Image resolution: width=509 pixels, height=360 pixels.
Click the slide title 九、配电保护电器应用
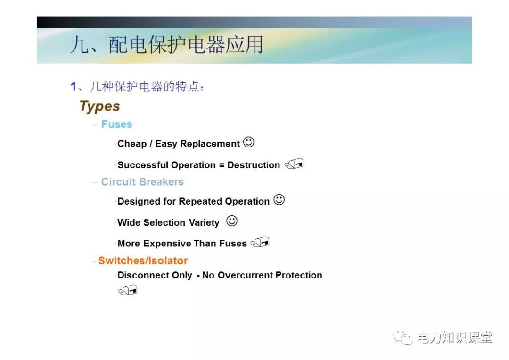coord(166,45)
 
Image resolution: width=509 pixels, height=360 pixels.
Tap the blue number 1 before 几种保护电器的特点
coord(74,86)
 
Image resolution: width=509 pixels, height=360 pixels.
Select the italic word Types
coord(99,106)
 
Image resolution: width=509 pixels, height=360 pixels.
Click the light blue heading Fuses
coord(116,124)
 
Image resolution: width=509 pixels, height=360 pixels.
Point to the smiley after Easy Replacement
coord(248,142)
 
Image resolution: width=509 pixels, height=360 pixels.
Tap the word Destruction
coord(254,165)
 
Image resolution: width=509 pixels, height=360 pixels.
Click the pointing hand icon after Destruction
coord(294,164)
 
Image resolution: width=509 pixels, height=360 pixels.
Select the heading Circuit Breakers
coord(142,182)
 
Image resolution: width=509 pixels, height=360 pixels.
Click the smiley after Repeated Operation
coord(279,200)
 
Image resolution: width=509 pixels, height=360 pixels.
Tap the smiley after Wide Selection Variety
coord(231,221)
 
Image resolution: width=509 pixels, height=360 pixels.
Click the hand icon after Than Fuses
coord(260,242)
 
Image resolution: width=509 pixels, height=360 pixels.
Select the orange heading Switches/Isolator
coord(143,261)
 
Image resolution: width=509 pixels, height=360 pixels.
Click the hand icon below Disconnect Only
coord(128,290)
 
